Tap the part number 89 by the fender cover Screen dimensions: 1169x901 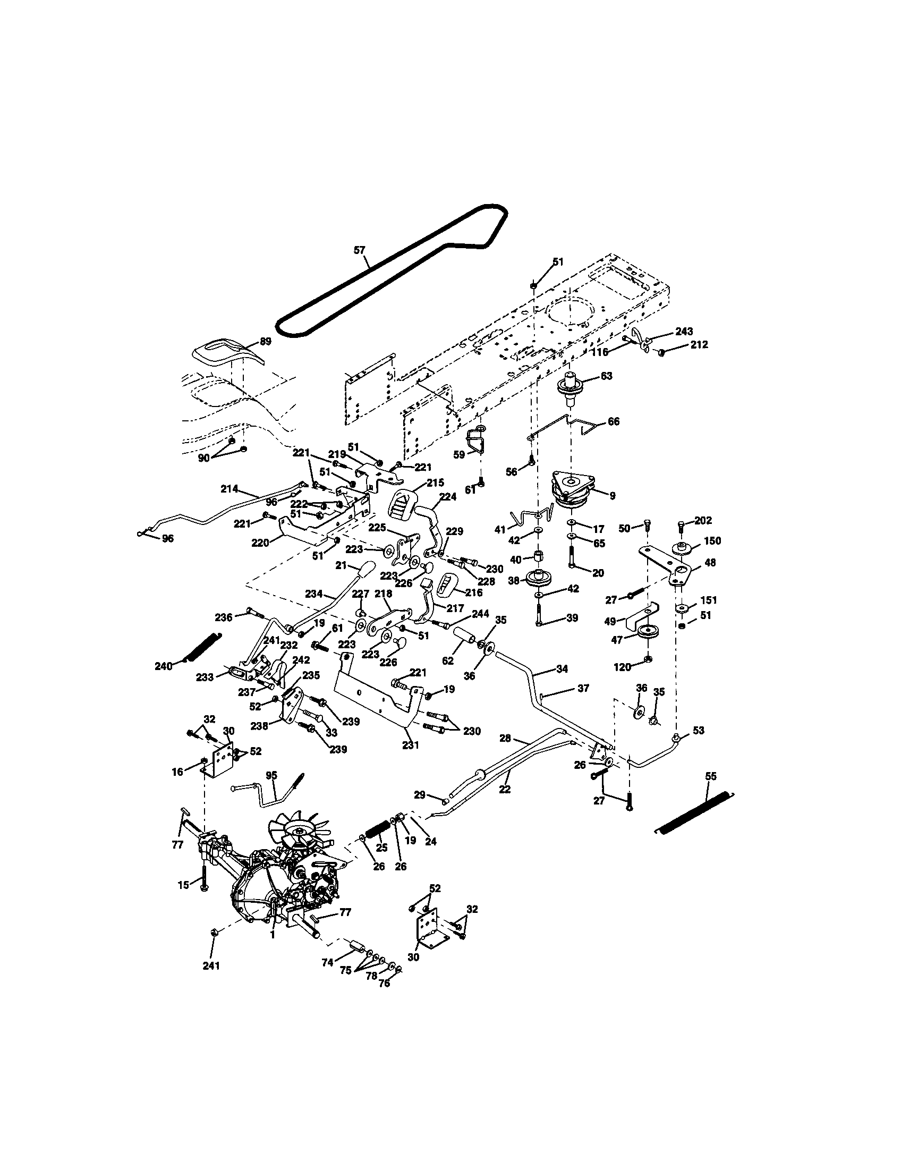(265, 342)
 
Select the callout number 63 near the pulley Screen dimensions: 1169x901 (606, 376)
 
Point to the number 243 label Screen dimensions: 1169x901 (684, 333)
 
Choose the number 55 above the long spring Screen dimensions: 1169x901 (710, 776)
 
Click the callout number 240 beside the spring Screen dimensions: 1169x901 (163, 666)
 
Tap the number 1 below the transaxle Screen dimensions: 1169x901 (273, 935)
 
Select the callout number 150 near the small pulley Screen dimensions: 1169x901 (712, 540)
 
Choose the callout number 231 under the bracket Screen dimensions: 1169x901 (410, 744)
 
